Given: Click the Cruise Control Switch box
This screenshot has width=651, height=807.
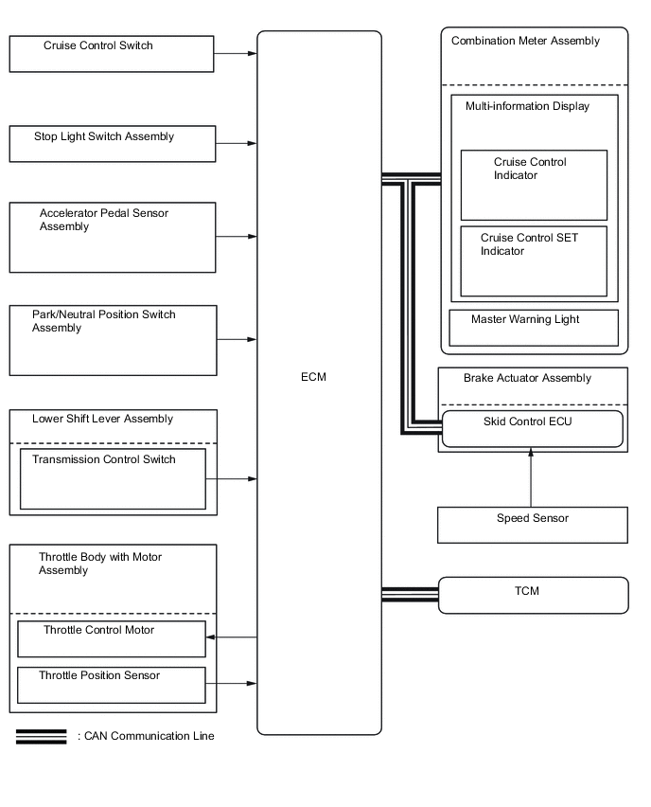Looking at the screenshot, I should click(112, 54).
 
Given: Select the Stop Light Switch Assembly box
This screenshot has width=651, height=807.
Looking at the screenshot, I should click(112, 143).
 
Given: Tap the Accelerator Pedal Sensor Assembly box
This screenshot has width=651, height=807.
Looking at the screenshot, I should click(112, 237).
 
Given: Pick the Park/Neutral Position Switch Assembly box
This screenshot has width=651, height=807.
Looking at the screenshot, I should click(112, 339).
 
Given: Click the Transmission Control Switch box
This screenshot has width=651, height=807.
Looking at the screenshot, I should click(112, 478).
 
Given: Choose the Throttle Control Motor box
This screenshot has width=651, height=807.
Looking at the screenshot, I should click(112, 638).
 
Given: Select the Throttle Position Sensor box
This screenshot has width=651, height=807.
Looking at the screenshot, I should click(112, 684).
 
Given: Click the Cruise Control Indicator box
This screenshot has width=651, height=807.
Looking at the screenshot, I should click(534, 185).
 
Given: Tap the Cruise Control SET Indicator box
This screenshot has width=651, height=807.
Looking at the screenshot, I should click(534, 260).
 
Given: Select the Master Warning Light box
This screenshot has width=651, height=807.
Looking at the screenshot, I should click(533, 328).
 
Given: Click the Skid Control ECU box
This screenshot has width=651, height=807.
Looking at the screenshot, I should click(533, 428).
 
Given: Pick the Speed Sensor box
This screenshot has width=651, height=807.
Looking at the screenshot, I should click(533, 525).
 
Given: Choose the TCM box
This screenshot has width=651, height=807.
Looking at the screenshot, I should click(533, 595).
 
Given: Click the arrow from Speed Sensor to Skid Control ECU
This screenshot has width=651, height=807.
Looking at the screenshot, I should click(531, 478).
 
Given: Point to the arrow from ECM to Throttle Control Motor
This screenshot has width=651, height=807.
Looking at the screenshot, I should click(232, 637).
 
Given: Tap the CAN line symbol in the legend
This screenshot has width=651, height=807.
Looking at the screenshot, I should click(42, 737).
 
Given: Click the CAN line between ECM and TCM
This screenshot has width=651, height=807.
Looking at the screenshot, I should click(410, 595).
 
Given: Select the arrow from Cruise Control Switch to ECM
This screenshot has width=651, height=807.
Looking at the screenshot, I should click(236, 54).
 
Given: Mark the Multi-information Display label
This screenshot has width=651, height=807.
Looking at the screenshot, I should click(527, 106).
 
